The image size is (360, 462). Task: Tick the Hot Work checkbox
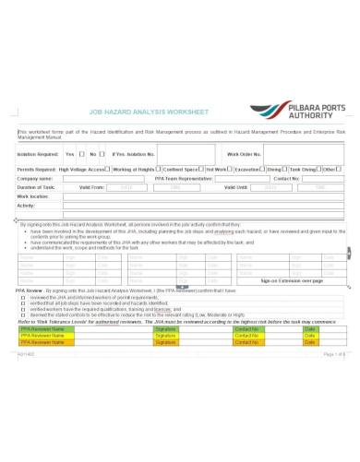pos(232,169)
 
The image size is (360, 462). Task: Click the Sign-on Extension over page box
pos(291,279)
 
